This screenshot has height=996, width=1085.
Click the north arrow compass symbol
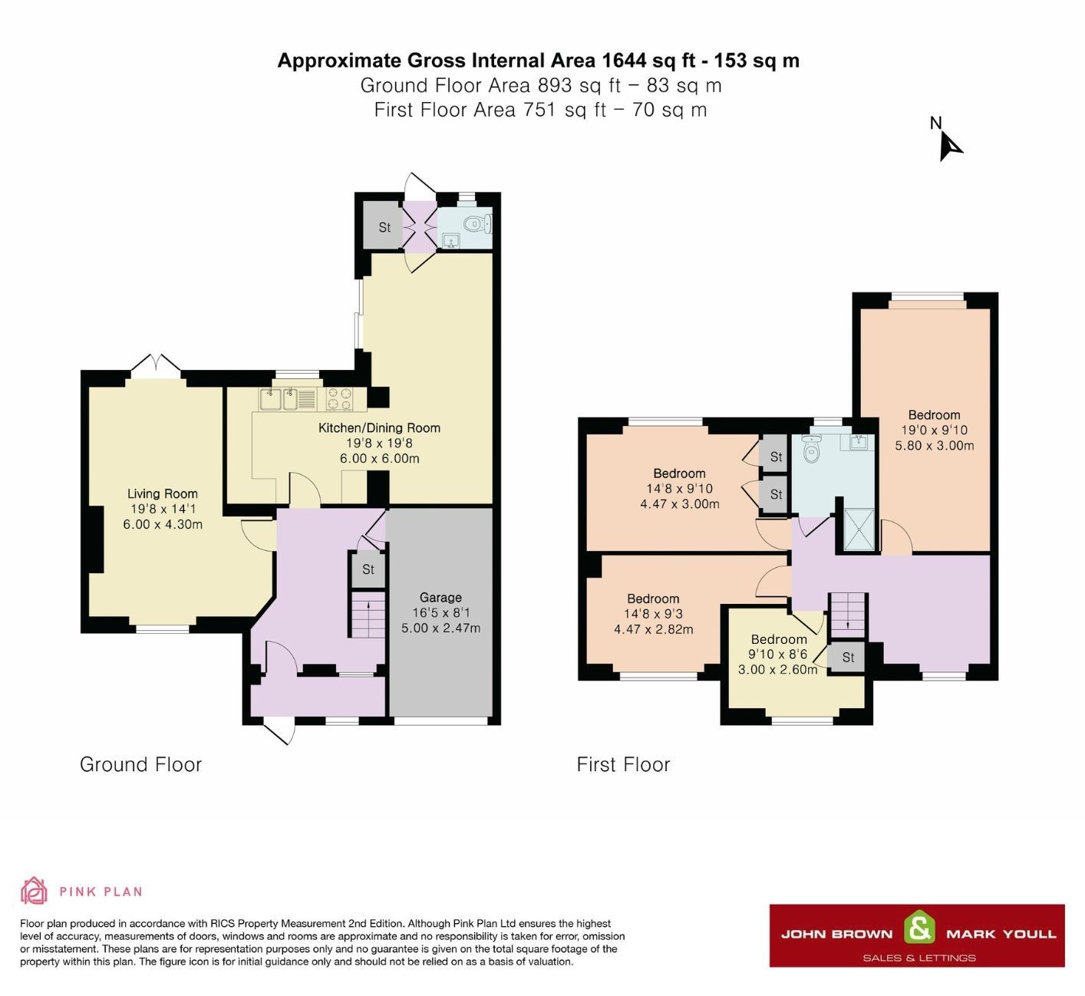[x=949, y=144]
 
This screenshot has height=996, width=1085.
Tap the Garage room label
[x=440, y=597]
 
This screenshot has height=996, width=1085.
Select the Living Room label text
[x=163, y=493]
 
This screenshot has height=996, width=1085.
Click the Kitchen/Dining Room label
[x=379, y=428]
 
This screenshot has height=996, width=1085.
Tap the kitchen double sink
[x=279, y=399]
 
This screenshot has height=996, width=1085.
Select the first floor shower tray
[x=859, y=529]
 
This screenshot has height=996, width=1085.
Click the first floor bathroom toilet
[x=810, y=449]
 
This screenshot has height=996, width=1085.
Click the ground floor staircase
[x=368, y=614]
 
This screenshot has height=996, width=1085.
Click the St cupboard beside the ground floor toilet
[x=384, y=227]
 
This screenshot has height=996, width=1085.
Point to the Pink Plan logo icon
[x=34, y=891]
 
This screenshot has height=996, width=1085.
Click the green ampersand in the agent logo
[x=919, y=928]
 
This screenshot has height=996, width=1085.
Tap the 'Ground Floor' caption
[x=140, y=764]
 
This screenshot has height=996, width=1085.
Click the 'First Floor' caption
[x=623, y=764]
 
